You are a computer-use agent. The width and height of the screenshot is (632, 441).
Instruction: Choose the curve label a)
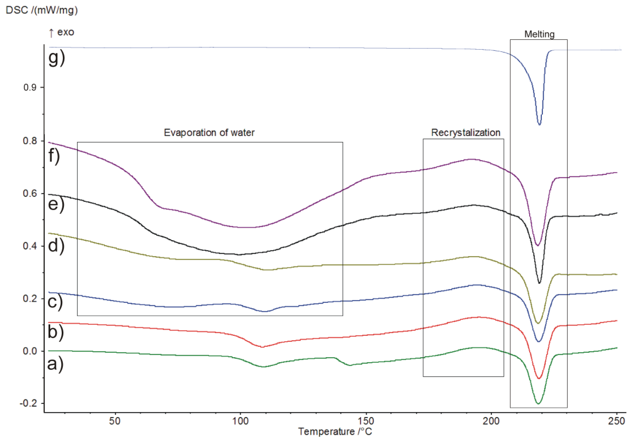(55, 364)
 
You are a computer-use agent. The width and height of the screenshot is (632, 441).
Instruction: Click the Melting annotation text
(539, 34)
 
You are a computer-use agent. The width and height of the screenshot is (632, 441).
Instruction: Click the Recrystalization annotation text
(465, 133)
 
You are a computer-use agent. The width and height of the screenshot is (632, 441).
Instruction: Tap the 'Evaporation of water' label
(209, 133)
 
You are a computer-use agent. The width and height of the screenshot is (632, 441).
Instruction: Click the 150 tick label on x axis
(366, 421)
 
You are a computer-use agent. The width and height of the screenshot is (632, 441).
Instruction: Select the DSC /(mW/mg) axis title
(42, 10)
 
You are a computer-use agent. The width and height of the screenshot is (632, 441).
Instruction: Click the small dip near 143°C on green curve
(350, 365)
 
